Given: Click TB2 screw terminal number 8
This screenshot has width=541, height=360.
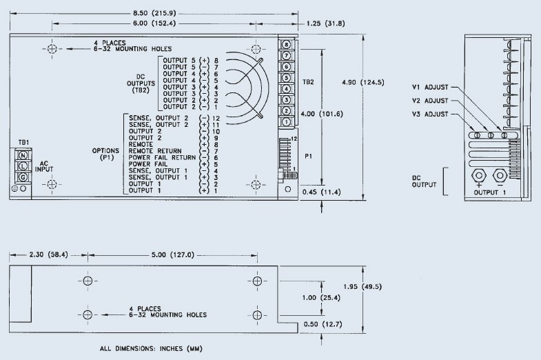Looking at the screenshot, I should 285,45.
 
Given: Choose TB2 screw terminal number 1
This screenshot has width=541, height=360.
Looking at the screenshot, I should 285,121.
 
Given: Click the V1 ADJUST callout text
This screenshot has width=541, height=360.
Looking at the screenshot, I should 431,88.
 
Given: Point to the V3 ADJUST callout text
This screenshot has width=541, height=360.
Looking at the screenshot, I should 431,113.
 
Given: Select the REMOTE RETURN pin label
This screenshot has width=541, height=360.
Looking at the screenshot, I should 155,150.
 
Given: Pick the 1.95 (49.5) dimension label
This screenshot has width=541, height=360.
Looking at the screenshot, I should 363,285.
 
